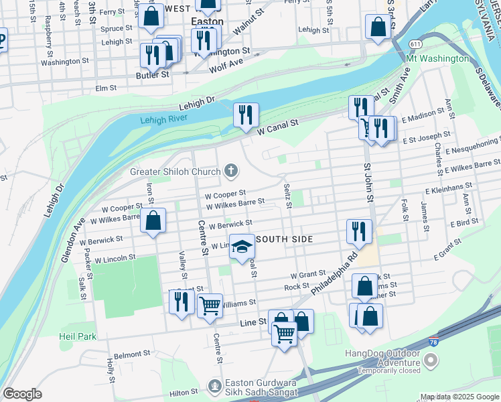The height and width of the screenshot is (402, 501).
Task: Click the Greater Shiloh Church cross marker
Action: click(x=231, y=172)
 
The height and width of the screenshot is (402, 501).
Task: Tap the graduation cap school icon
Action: click(x=242, y=247)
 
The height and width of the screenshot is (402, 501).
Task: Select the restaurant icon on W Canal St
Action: click(x=246, y=114)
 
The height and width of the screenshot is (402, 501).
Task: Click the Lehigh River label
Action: click(x=164, y=120)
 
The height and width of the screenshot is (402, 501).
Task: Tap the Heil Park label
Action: click(x=78, y=336)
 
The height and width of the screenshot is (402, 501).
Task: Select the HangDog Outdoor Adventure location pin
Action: click(x=431, y=361)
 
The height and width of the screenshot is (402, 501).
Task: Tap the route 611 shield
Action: click(x=416, y=44)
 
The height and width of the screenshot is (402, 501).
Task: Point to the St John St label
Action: click(x=367, y=181)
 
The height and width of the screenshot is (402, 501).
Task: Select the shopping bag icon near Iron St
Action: click(x=153, y=221)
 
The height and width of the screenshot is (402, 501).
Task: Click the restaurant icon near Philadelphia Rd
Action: click(x=359, y=231)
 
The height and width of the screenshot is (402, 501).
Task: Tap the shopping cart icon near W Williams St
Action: click(x=210, y=306)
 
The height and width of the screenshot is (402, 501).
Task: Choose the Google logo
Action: click(x=23, y=394)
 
